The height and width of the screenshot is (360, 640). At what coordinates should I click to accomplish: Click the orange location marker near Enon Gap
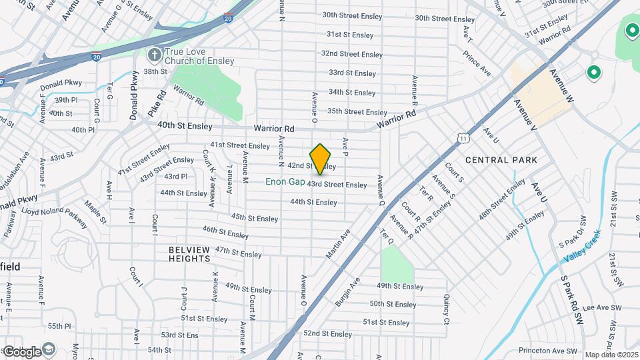tap(321, 159)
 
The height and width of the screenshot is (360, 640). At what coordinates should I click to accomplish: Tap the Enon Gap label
tap(285, 181)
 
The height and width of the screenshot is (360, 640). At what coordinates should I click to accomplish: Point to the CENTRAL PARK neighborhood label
tap(501, 160)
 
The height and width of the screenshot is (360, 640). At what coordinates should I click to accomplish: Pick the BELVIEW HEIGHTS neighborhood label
tap(189, 254)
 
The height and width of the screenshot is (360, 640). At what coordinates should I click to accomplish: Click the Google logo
tap(23, 351)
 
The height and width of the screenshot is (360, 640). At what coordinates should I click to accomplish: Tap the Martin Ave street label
tap(338, 245)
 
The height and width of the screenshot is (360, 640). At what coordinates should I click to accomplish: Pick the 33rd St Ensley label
tap(352, 73)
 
